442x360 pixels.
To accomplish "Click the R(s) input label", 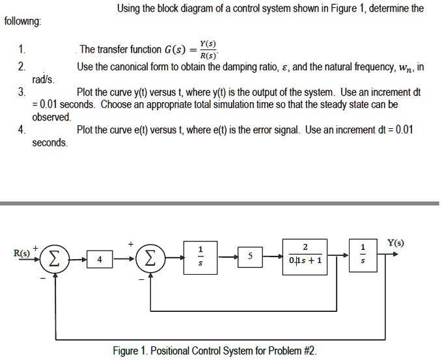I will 22,253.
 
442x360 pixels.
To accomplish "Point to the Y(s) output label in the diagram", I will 395,243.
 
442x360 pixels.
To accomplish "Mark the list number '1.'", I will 22,50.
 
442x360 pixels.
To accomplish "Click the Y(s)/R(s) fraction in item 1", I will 208,49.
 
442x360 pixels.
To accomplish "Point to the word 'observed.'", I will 52,117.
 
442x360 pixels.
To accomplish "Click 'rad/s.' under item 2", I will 44,79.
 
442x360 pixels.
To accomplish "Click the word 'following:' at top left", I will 23,21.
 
